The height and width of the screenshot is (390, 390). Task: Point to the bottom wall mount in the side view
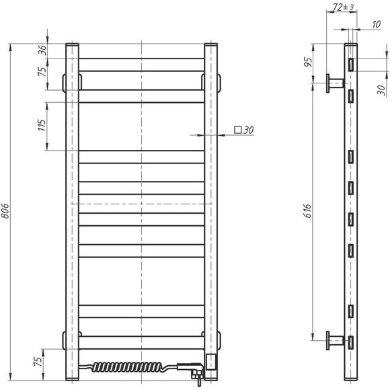(x=334, y=342)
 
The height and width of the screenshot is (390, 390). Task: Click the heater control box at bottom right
(x=211, y=361)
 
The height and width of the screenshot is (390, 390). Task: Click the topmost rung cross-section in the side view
(x=350, y=64)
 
